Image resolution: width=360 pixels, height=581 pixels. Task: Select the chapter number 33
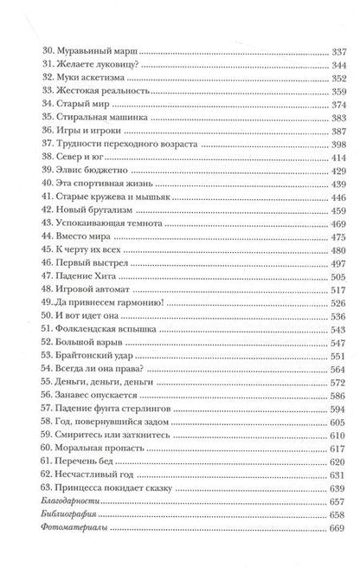35,91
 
